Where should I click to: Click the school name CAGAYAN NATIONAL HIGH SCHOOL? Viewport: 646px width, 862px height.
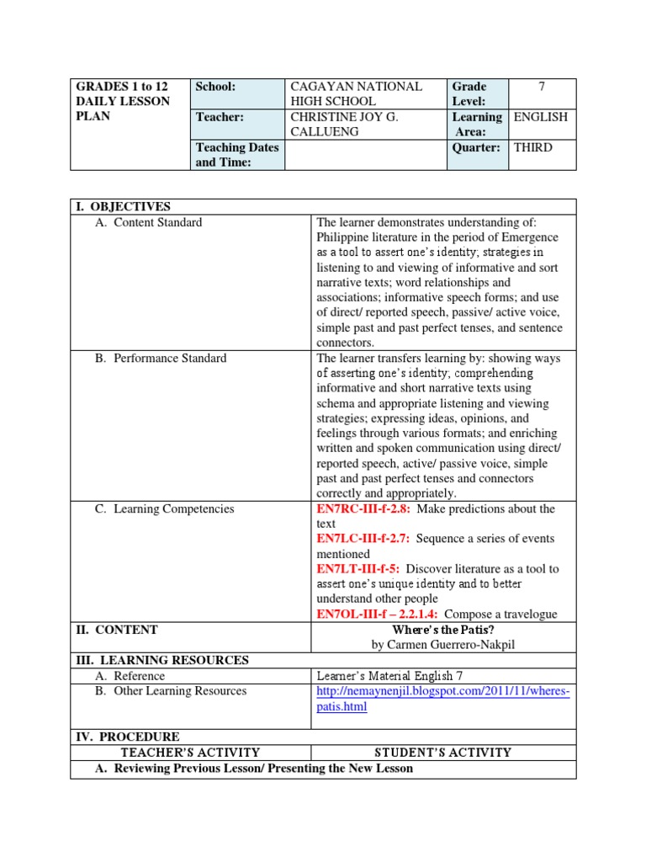coord(356,93)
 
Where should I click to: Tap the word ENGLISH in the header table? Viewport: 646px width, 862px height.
coord(540,117)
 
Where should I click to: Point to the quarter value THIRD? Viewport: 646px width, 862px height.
coord(533,147)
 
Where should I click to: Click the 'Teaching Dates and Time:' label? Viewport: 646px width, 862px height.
coord(236,155)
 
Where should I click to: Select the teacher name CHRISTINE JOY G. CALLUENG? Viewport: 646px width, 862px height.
coord(343,125)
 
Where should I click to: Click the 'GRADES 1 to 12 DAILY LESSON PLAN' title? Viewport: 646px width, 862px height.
coord(122,101)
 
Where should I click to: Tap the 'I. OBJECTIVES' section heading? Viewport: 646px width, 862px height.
coord(123,207)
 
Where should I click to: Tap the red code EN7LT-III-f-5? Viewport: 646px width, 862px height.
coord(357,569)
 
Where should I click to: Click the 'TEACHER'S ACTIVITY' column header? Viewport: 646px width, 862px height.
coord(190,753)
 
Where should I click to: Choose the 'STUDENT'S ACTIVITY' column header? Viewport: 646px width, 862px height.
coord(442,753)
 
